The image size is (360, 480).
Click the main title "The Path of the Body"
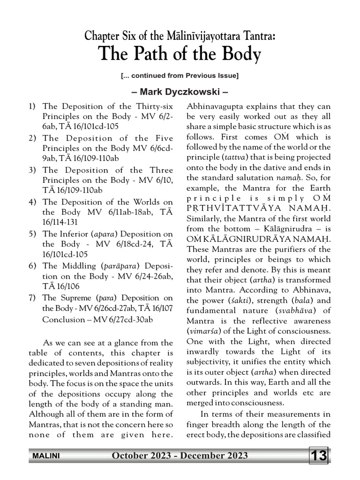(180, 55)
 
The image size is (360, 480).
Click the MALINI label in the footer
(45, 456)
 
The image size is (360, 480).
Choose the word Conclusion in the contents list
(63, 320)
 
